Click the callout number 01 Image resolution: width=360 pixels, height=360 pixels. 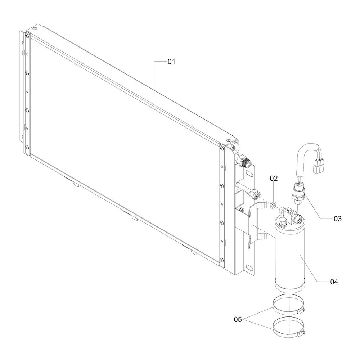click(x=171, y=62)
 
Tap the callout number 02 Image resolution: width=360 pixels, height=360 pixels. click(x=274, y=178)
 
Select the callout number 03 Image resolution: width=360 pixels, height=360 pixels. click(x=338, y=219)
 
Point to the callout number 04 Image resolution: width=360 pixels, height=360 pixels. click(x=334, y=282)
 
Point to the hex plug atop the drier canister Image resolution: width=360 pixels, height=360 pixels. click(x=282, y=222)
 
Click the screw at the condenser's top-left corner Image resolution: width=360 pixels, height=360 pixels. click(x=35, y=28)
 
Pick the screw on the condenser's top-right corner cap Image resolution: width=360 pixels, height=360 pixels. click(x=228, y=140)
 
